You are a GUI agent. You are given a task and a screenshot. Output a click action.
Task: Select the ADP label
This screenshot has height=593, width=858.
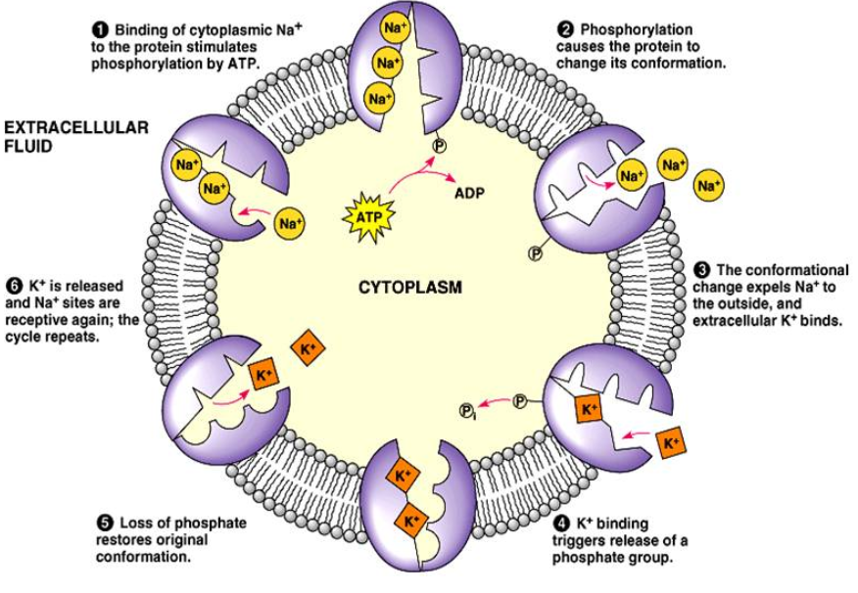coord(470,194)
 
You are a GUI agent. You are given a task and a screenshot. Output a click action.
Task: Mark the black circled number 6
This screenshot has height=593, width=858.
coord(13,286)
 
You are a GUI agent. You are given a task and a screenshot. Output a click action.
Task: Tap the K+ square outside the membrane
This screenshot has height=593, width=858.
coord(669,442)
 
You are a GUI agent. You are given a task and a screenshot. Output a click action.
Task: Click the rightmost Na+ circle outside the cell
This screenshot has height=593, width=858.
coord(709,184)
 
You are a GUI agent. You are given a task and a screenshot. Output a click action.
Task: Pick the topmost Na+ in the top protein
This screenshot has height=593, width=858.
coord(394,29)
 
